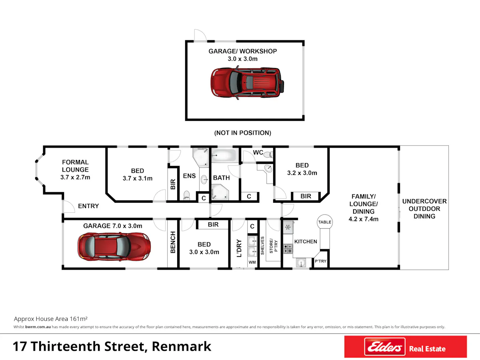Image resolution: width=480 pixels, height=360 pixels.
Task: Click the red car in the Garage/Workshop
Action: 247,83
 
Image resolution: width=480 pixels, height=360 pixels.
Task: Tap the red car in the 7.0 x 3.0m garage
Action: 114,247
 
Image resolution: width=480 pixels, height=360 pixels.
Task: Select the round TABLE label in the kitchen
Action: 325,222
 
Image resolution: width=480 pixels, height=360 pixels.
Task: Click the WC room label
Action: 258,152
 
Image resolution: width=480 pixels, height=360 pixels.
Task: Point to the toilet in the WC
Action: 268,155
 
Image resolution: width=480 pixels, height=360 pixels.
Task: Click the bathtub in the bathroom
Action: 224,155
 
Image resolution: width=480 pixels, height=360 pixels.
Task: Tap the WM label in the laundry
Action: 252,262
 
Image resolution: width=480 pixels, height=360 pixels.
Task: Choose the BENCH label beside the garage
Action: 173,242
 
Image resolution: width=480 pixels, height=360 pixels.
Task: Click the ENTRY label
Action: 88,206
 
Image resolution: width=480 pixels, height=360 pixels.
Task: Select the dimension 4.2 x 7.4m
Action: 364,219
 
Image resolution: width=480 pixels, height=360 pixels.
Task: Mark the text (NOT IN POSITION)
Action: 243,133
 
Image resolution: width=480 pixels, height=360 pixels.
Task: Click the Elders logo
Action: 385,347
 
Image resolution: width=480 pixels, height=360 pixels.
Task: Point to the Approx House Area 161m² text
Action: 51,319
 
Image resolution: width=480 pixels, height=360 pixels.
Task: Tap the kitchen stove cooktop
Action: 288,249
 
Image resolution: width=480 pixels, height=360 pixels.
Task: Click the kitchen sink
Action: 301,262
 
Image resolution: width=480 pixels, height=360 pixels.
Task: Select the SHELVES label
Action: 262,246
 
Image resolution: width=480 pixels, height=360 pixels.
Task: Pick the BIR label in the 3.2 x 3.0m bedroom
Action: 306,196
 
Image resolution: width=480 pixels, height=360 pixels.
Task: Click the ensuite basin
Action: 204,180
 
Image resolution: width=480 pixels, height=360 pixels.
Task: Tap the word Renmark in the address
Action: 182,346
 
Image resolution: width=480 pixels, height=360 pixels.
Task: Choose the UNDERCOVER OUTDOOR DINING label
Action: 424,209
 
